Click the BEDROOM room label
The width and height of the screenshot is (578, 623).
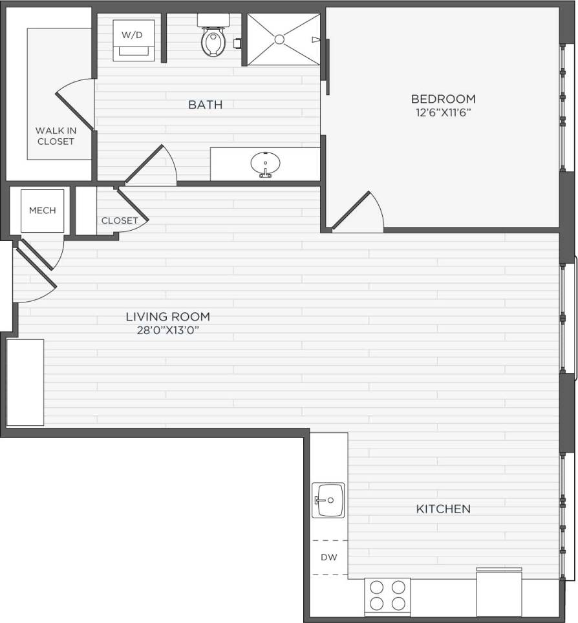point(443,99)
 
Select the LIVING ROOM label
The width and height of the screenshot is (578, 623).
point(167,317)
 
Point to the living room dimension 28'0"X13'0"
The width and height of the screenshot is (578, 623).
point(167,329)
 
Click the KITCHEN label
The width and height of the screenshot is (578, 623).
point(443,509)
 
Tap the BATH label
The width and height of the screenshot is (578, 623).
point(205,104)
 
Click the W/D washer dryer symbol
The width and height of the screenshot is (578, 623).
point(133,39)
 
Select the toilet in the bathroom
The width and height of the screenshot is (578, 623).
point(211,39)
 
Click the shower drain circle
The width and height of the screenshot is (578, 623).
point(279,39)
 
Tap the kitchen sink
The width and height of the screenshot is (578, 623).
point(328,500)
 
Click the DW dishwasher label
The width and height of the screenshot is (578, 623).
point(329,557)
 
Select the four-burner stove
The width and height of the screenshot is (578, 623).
point(387,596)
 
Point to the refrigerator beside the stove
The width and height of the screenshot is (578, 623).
point(498,592)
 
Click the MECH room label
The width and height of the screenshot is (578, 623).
point(43,210)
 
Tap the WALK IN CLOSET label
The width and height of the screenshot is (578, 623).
point(56,136)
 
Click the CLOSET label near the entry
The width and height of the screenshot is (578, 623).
point(120,220)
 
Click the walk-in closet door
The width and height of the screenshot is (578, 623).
point(74,107)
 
